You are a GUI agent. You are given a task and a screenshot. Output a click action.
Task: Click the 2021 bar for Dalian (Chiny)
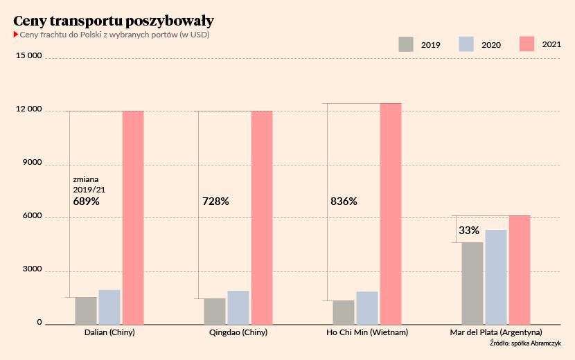[133, 217]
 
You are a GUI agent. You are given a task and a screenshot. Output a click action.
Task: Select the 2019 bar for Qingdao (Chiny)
[215, 311]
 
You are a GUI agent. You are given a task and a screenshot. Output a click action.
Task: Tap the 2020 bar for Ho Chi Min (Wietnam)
[367, 307]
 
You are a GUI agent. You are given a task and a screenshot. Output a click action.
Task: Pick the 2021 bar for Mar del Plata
[520, 270]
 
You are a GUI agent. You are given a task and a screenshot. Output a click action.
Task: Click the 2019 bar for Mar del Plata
[472, 283]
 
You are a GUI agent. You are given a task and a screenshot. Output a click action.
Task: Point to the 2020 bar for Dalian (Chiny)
[109, 307]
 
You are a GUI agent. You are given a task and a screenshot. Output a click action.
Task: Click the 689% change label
[87, 201]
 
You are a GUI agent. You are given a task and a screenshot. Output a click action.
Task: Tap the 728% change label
[215, 201]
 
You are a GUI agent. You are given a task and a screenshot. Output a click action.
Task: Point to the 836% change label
[344, 201]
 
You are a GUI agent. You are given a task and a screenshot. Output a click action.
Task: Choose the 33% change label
[469, 230]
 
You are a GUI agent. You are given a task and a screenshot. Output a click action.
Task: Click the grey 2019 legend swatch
[406, 44]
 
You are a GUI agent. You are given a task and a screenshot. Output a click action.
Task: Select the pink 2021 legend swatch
[527, 44]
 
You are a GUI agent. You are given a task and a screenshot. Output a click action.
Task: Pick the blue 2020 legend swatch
[466, 44]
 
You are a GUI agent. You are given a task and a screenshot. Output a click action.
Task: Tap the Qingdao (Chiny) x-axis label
[238, 333]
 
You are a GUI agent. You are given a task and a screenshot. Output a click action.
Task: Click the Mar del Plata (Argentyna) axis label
[496, 333]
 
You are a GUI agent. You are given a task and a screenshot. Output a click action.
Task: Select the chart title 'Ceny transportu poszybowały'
[114, 20]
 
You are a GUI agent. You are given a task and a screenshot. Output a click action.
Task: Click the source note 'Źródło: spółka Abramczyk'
[525, 343]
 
